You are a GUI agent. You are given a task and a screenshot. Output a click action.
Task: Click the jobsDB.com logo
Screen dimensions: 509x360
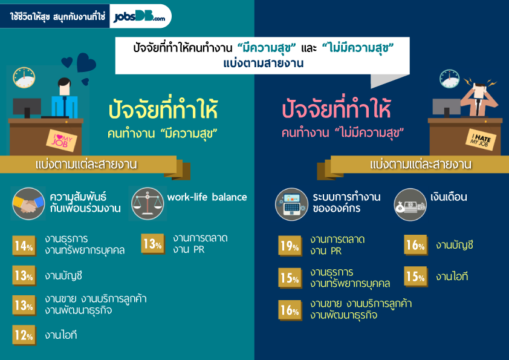pos(139,16)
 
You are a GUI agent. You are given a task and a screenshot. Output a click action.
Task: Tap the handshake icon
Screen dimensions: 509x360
pos(28,204)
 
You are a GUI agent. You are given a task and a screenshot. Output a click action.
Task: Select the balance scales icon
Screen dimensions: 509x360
pos(148,204)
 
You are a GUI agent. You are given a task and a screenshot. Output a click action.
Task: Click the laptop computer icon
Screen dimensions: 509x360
pos(291,205)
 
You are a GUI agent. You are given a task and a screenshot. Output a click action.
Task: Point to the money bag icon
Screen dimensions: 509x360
pos(410,205)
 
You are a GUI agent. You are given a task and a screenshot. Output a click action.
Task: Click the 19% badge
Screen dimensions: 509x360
pos(290,246)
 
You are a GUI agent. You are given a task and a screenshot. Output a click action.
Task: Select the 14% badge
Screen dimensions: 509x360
pos(24,246)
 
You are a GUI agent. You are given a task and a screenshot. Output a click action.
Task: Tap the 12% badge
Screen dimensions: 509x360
pos(24,335)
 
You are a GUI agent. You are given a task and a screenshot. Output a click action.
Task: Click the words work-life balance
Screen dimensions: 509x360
pos(207,197)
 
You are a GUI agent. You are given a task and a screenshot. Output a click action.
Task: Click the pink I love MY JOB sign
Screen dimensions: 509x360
pos(61,140)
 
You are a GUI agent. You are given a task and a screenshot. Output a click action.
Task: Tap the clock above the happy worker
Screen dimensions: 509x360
pos(24,77)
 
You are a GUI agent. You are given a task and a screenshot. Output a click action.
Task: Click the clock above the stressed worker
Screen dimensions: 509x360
pos(450,79)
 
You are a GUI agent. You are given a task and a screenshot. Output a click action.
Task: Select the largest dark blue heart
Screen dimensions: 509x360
pos(86,62)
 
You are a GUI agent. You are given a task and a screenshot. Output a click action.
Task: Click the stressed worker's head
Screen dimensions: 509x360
pos(479,90)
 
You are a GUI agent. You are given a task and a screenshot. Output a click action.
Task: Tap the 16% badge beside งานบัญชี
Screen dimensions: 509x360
pos(416,245)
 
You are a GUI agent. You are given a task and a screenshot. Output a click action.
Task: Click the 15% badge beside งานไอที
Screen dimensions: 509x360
pos(416,277)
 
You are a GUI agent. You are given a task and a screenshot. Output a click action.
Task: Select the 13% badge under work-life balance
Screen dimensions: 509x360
pos(153,244)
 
